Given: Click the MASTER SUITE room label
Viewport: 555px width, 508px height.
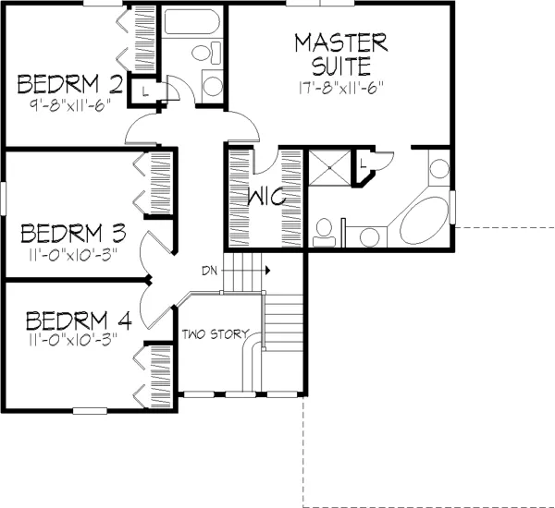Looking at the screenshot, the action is point(341,54).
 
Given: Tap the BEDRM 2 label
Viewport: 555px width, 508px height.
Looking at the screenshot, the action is point(70,84).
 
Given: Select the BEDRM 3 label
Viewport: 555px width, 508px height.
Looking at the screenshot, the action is point(73,233).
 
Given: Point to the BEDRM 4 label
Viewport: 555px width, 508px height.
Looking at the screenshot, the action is point(79,321).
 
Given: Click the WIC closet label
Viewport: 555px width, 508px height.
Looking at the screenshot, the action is point(266,196).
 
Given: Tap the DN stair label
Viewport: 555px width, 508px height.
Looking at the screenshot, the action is point(210,272).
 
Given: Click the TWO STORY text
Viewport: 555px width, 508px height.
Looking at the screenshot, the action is point(216,334).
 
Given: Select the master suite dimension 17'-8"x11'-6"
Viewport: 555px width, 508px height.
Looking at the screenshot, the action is point(341,88).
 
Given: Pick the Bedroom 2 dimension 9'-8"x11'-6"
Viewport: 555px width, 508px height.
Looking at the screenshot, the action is point(70,104).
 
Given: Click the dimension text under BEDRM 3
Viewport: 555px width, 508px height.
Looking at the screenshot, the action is point(72,255).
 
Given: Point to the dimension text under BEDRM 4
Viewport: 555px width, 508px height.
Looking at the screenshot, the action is point(72,340).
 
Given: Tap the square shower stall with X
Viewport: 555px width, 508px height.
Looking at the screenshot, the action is point(330,167).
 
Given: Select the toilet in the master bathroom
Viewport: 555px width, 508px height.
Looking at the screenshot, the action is point(324,232).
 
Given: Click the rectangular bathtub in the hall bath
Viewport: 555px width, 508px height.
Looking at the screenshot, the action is point(191,21).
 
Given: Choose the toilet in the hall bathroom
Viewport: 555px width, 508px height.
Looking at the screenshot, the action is point(206,53).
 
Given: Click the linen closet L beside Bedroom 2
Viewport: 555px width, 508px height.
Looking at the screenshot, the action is point(145,91).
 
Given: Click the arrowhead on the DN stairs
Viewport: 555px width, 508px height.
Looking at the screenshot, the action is point(268,271).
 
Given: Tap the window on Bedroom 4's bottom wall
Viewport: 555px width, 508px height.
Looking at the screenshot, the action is point(90,411).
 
